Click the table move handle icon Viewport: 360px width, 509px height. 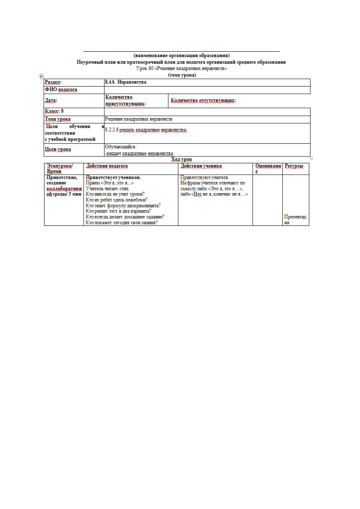click(x=41, y=77)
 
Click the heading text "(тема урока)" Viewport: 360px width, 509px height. click(x=182, y=75)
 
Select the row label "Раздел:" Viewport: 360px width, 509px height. click(x=53, y=82)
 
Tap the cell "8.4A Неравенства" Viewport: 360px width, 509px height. click(x=126, y=82)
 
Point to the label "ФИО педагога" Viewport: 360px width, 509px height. click(x=61, y=90)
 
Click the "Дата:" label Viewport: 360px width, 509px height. click(x=51, y=100)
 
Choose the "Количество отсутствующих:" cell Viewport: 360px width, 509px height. click(x=203, y=100)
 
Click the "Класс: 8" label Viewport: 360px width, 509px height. click(x=54, y=111)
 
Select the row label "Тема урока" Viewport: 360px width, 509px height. click(x=57, y=119)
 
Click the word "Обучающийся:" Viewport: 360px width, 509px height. click(x=120, y=147)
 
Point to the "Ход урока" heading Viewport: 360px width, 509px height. click(x=182, y=159)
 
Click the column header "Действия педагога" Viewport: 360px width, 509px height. click(x=107, y=166)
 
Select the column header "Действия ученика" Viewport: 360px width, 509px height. click(x=201, y=166)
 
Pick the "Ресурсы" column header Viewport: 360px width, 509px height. click(x=294, y=166)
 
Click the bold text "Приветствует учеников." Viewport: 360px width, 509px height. click(x=113, y=177)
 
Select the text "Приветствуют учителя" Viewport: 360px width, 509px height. click(x=204, y=177)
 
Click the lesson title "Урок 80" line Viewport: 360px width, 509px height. click(x=181, y=69)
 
